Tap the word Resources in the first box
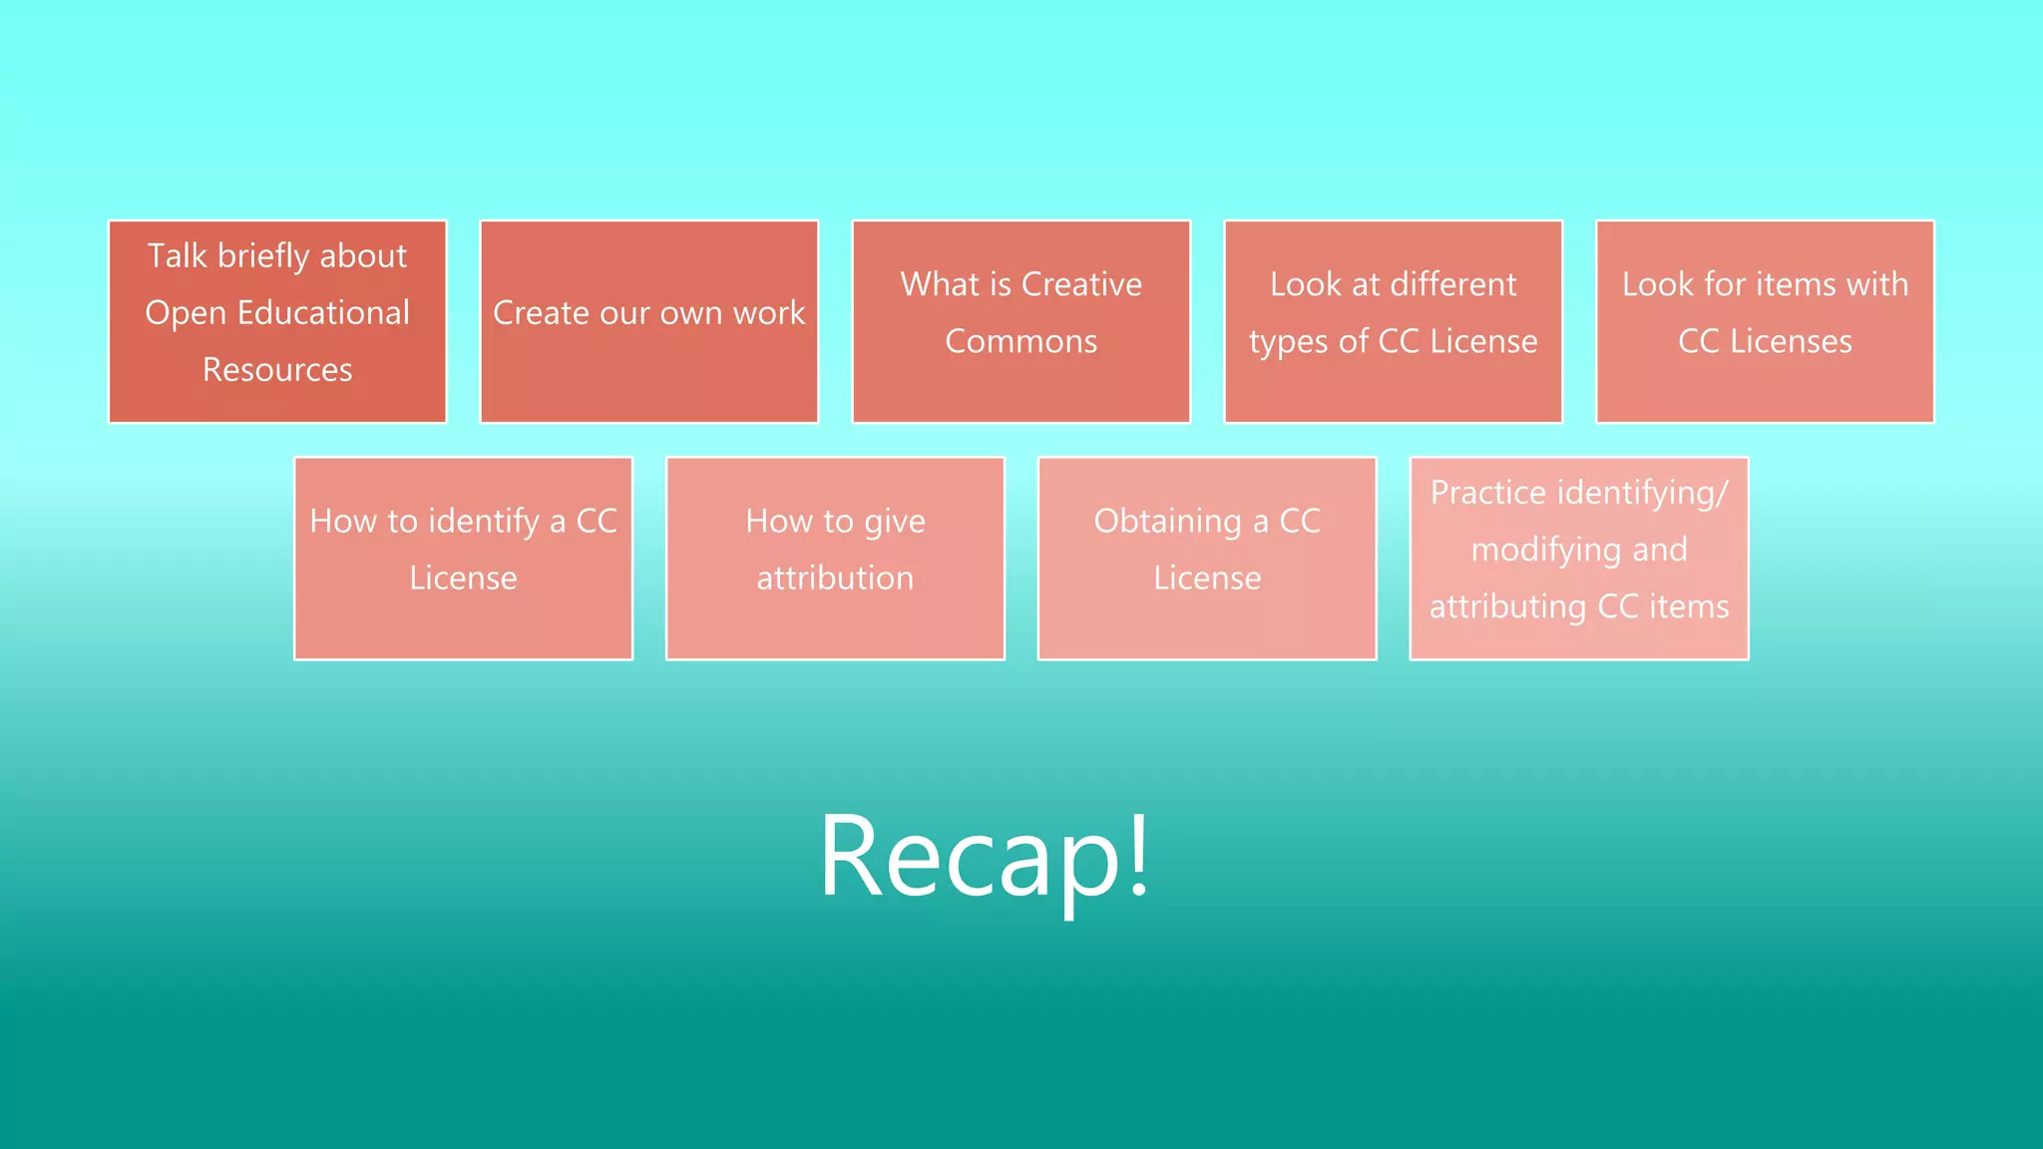coord(277,370)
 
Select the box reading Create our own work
coord(649,321)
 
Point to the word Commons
coord(1021,342)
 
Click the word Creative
coord(1081,284)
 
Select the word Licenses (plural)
coord(1791,342)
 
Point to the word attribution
coord(835,578)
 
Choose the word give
coord(895,522)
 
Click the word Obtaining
coord(1167,522)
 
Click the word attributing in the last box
coord(1507,607)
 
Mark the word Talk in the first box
coord(177,256)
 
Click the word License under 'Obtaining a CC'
coord(1207,578)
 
